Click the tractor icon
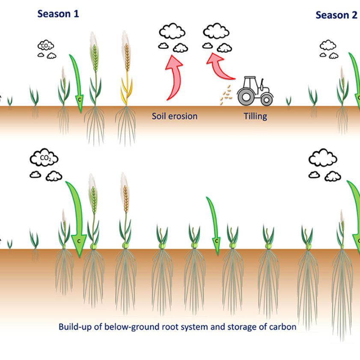tap(256, 91)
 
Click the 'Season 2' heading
tap(336, 15)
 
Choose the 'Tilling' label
tap(256, 116)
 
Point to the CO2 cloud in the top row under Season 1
tap(44, 46)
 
